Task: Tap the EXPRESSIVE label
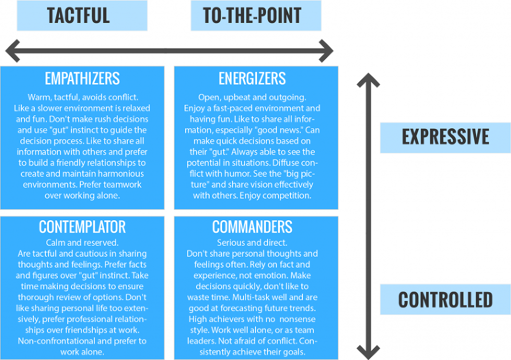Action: pos(445,137)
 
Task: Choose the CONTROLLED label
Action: pos(445,299)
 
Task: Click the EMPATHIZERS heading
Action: pos(82,79)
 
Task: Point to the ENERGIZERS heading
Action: pos(252,79)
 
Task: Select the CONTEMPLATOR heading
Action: pos(82,227)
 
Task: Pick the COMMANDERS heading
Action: pos(252,227)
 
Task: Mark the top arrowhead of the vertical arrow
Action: pos(369,79)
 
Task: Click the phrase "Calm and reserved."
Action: pos(82,243)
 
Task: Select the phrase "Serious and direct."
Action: pos(252,243)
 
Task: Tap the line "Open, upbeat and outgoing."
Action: pos(252,98)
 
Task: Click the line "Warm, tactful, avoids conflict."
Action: pos(82,98)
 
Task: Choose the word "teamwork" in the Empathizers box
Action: pos(123,185)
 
